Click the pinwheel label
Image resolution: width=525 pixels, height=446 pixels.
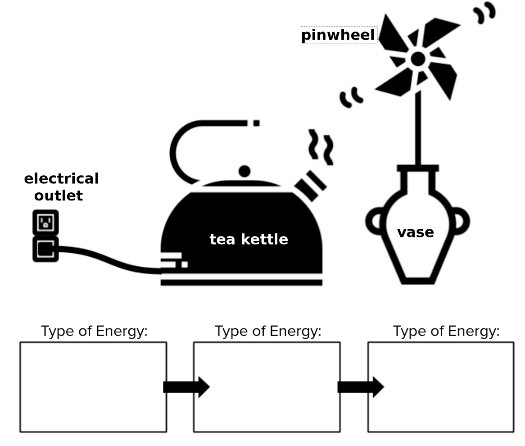pyautogui.click(x=338, y=35)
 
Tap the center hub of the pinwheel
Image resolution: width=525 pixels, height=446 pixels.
pyautogui.click(x=417, y=59)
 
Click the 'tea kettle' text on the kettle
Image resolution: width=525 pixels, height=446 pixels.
pyautogui.click(x=249, y=239)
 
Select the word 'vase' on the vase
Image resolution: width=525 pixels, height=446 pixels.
pyautogui.click(x=415, y=232)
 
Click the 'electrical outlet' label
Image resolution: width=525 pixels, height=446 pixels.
pyautogui.click(x=61, y=187)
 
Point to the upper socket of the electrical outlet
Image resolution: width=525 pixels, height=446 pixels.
pyautogui.click(x=45, y=222)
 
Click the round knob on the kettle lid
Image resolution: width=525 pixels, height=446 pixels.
pyautogui.click(x=244, y=171)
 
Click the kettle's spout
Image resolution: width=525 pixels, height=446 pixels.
pyautogui.click(x=310, y=185)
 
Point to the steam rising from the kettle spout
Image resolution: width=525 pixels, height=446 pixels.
pyautogui.click(x=321, y=146)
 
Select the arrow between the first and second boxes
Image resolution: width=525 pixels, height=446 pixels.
pyautogui.click(x=186, y=387)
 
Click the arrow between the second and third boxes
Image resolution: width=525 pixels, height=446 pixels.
pyautogui.click(x=360, y=387)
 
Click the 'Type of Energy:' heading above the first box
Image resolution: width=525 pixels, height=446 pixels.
pyautogui.click(x=94, y=332)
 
